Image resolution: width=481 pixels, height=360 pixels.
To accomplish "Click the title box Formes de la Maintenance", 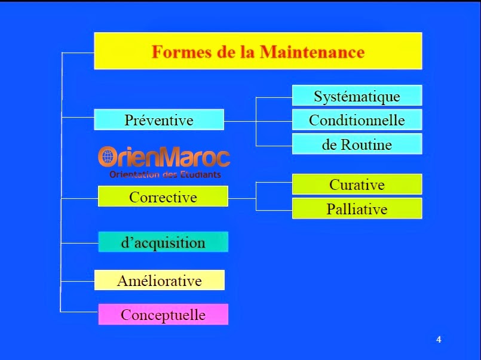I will [x=258, y=51].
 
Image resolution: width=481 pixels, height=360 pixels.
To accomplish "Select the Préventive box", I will [x=159, y=119].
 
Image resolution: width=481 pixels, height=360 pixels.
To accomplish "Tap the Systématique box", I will [x=357, y=96].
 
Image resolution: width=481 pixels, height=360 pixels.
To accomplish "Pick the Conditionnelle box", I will [x=357, y=119].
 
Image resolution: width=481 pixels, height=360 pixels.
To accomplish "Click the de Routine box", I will [x=357, y=144].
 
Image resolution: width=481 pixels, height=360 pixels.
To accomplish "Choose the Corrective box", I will [x=163, y=196].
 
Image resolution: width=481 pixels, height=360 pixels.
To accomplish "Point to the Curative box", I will [x=357, y=184].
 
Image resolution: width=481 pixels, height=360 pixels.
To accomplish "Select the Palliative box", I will [x=357, y=208].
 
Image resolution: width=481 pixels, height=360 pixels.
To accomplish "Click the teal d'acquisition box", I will [x=163, y=242].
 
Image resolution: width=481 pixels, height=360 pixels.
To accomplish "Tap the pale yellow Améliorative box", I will [x=159, y=280].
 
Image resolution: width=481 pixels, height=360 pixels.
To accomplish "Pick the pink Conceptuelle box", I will [x=163, y=314].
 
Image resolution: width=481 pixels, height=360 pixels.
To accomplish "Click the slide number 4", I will [x=439, y=340].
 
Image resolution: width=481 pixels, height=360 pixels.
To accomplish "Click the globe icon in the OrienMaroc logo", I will [x=108, y=156].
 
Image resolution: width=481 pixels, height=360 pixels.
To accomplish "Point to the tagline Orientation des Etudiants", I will [x=165, y=175].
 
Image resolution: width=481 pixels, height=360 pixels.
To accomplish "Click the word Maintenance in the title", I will [x=312, y=52].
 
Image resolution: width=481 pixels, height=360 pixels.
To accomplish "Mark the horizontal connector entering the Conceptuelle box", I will [x=79, y=312].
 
